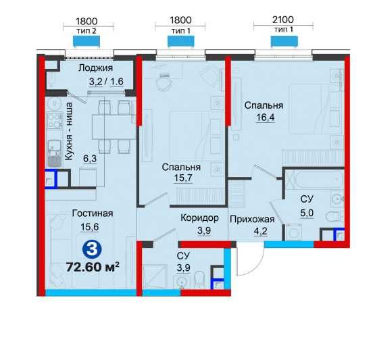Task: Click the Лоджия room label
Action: coord(95,69)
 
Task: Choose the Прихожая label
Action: coord(251,218)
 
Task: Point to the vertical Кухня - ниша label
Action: coord(68,130)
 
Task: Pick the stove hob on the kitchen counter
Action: coord(53,123)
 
